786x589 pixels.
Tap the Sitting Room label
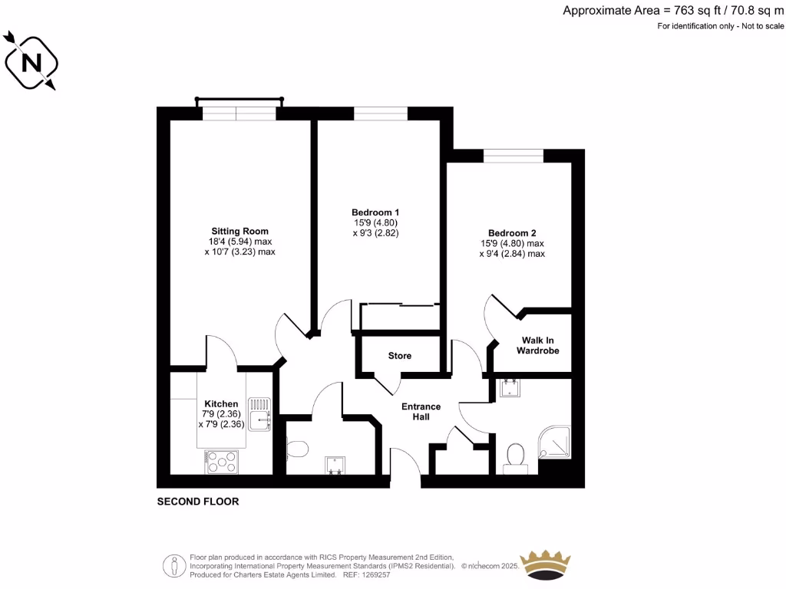click(239, 231)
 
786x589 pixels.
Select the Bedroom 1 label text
click(375, 212)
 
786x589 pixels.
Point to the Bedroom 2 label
click(512, 233)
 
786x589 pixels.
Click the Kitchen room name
click(221, 403)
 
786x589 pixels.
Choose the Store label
click(399, 356)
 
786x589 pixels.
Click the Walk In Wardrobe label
click(540, 345)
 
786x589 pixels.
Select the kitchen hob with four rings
click(222, 462)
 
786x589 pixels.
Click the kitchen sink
click(263, 411)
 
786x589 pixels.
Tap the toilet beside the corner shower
click(514, 456)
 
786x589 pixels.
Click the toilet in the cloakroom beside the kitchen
click(297, 446)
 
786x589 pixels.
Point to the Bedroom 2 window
click(514, 156)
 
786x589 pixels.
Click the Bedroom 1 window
click(380, 114)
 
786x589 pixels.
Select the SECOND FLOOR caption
click(198, 502)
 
